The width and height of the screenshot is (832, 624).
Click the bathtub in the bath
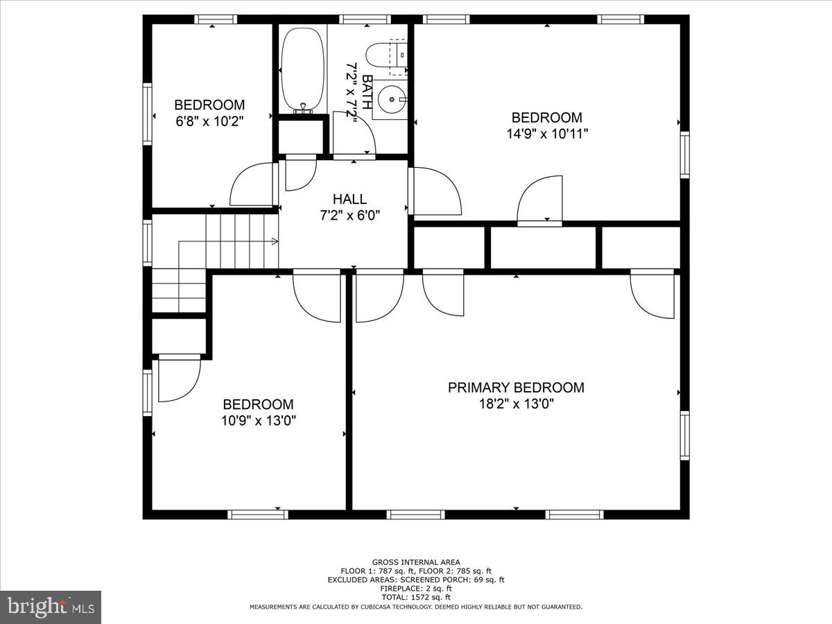click(302, 71)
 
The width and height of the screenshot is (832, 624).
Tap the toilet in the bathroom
click(386, 55)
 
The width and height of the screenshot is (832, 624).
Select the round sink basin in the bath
click(392, 100)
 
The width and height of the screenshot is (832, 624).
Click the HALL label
click(349, 199)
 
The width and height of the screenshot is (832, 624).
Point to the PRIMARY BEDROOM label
click(516, 388)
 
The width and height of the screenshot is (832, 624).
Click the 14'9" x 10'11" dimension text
click(547, 134)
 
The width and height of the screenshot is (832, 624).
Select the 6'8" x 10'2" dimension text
click(209, 121)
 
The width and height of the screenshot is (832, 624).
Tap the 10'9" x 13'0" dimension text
click(258, 421)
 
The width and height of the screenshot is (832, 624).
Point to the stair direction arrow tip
click(277, 241)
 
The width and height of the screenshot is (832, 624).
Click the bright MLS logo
click(51, 607)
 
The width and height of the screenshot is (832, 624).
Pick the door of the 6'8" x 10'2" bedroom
click(252, 184)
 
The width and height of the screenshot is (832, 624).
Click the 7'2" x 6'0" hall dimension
click(349, 215)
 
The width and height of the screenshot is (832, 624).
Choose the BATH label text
click(367, 92)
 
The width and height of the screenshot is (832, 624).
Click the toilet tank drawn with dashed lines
click(399, 57)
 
